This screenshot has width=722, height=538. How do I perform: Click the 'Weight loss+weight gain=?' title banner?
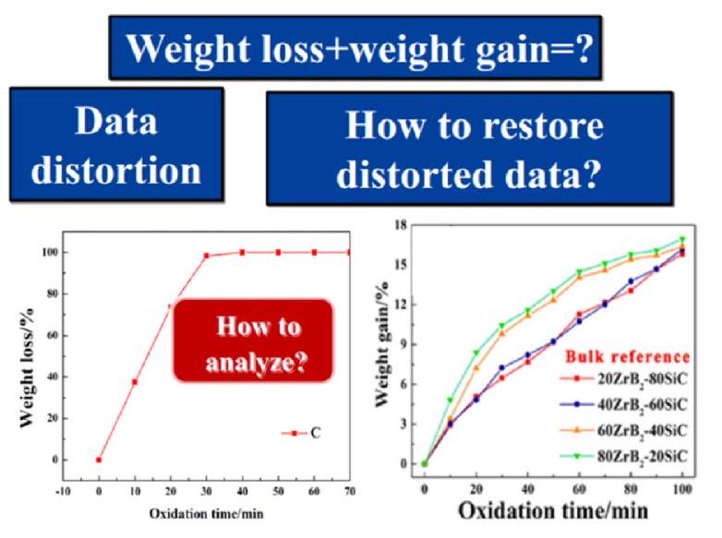click(x=355, y=48)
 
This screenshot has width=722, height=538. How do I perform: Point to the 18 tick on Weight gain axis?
click(x=400, y=224)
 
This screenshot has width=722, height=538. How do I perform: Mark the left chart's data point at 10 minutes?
click(x=135, y=382)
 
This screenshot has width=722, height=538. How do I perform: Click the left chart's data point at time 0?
click(x=99, y=460)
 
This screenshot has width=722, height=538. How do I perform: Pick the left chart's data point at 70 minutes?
click(x=350, y=252)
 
